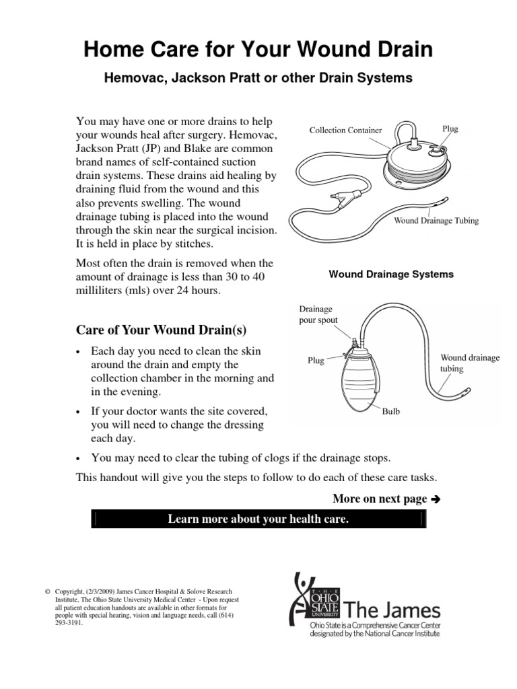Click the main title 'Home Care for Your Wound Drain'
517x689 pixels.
(258, 50)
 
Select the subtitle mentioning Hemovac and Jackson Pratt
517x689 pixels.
(258, 78)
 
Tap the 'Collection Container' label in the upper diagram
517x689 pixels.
(345, 130)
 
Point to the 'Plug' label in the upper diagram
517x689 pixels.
(450, 129)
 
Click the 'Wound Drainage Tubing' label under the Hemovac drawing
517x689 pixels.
(436, 221)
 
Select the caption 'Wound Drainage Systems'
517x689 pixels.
(390, 275)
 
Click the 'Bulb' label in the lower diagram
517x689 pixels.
(391, 411)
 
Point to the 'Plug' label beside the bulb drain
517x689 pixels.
(316, 361)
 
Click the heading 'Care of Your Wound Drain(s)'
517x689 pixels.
(162, 330)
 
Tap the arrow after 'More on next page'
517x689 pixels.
(434, 499)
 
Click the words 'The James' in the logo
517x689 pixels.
(392, 611)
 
